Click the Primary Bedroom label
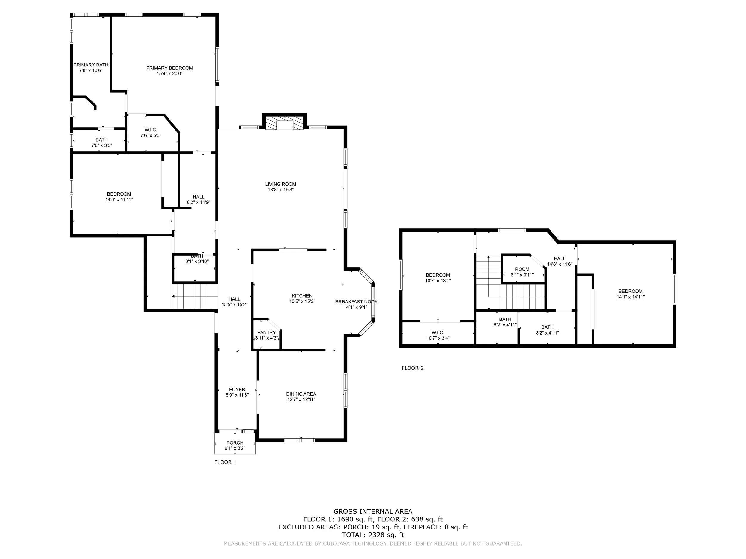click(169, 68)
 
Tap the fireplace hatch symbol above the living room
click(285, 123)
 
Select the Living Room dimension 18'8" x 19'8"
click(280, 190)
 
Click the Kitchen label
click(302, 296)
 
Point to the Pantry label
click(266, 333)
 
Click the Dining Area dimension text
click(301, 399)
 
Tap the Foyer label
click(237, 390)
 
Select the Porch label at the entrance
click(235, 443)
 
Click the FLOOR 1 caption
click(225, 462)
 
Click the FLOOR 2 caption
click(412, 368)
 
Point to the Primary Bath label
click(91, 65)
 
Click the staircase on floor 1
click(195, 296)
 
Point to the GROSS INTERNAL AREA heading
click(373, 512)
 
